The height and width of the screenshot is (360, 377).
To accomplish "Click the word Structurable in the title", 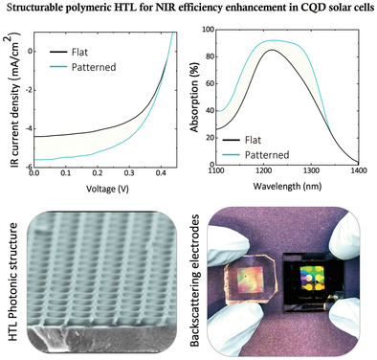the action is tap(29, 8).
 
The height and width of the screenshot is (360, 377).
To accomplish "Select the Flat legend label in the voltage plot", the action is tap(79, 52).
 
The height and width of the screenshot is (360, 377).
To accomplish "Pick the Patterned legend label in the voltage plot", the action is tap(94, 67).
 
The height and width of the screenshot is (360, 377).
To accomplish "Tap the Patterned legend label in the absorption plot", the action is tap(267, 155).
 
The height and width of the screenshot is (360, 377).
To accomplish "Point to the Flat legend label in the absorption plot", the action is tap(253, 140).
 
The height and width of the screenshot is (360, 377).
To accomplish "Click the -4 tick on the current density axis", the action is tap(27, 129).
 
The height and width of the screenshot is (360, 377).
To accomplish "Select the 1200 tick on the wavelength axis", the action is tap(263, 170).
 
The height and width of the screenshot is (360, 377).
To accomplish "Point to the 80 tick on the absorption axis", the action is tap(209, 56).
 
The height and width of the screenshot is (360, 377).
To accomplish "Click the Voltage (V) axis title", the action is tap(107, 189).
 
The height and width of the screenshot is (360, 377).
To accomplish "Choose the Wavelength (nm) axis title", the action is tap(287, 186).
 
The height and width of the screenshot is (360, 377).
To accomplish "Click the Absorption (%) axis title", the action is tap(194, 97).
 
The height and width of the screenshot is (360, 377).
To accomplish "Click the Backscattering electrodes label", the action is tap(195, 281).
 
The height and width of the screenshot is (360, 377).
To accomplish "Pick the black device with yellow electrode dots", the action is tap(313, 280).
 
